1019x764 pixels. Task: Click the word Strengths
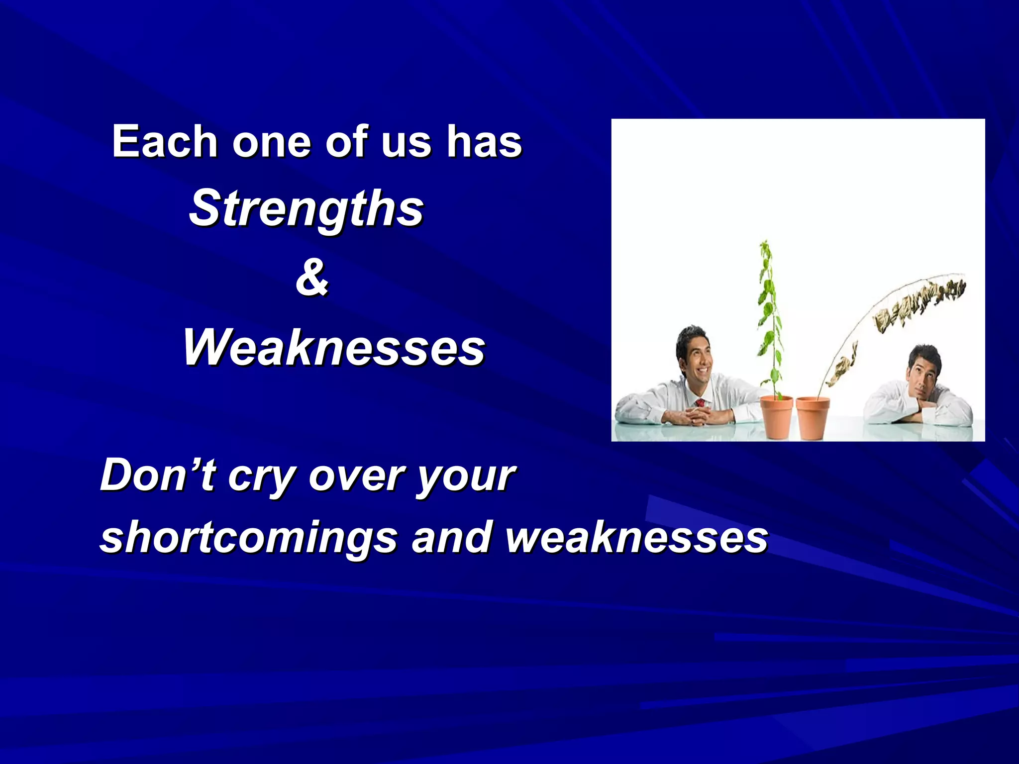306,209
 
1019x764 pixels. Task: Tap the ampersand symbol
312,278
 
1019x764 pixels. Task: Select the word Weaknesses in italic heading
334,348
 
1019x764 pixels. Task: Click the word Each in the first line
165,142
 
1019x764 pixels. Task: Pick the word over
356,477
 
